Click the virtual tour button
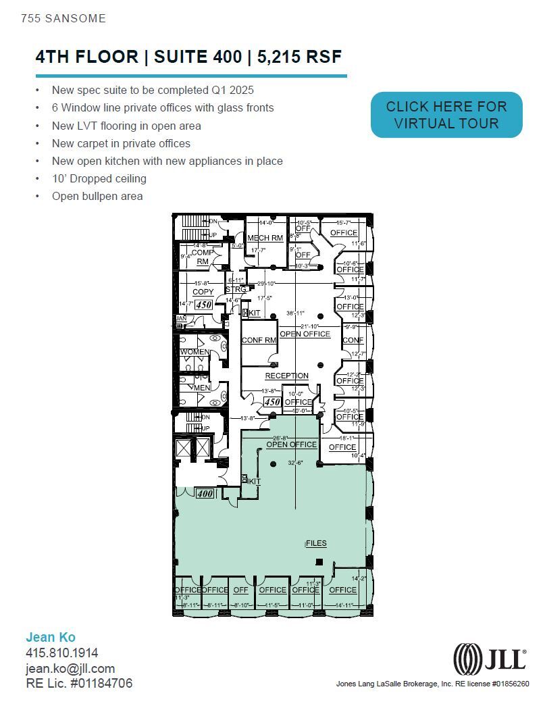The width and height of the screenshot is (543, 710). tap(446, 115)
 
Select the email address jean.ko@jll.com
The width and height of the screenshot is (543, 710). tap(70, 668)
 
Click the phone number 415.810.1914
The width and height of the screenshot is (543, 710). tap(62, 653)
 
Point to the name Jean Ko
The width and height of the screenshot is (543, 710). tap(51, 637)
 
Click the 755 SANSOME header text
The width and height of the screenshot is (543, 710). tap(63, 18)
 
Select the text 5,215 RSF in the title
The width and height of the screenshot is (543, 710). tap(296, 57)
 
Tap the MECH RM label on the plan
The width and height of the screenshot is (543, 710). tap(265, 238)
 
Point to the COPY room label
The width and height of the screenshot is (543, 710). tap(203, 292)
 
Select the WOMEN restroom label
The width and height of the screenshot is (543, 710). tap(194, 352)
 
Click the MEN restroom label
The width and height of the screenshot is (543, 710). tap(202, 388)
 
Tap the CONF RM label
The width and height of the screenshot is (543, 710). tap(259, 340)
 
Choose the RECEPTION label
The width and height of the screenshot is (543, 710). tap(286, 376)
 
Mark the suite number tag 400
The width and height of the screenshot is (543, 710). tap(205, 494)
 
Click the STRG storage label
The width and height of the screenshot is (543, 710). tap(236, 290)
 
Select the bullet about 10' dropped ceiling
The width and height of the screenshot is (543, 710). tap(99, 178)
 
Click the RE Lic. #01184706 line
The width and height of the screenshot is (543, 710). tap(79, 683)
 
